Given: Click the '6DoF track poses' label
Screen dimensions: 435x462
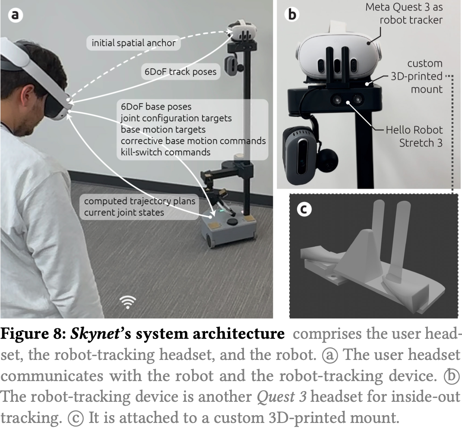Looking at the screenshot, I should click(180, 72).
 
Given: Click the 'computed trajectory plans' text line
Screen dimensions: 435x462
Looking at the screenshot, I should click(139, 201).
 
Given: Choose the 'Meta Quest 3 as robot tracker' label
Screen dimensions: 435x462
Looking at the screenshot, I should click(404, 13).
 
